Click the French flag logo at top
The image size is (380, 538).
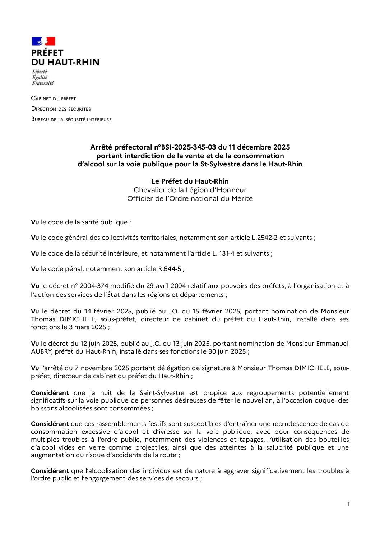pyautogui.click(x=43, y=41)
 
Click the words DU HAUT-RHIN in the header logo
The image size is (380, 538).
pyautogui.click(x=65, y=62)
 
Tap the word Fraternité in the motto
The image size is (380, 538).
pyautogui.click(x=43, y=83)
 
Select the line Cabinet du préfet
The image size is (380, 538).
pyautogui.click(x=54, y=98)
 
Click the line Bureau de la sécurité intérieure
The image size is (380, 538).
pyautogui.click(x=71, y=119)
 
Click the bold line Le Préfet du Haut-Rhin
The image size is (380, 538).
pyautogui.click(x=190, y=181)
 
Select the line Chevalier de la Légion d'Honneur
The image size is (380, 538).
pyautogui.click(x=190, y=190)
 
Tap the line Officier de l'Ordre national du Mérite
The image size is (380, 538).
pyautogui.click(x=190, y=198)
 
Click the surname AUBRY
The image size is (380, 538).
pyautogui.click(x=42, y=351)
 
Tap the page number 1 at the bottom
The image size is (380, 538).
pyautogui.click(x=348, y=504)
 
